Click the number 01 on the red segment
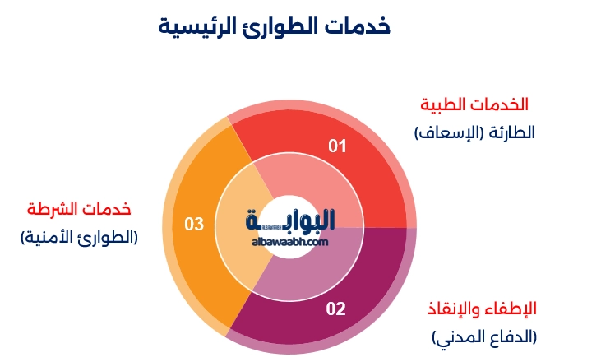coord(338,146)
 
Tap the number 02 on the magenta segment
coord(336,309)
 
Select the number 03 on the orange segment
coord(193,223)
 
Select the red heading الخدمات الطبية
coord(474,104)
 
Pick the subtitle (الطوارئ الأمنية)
coord(79,237)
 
